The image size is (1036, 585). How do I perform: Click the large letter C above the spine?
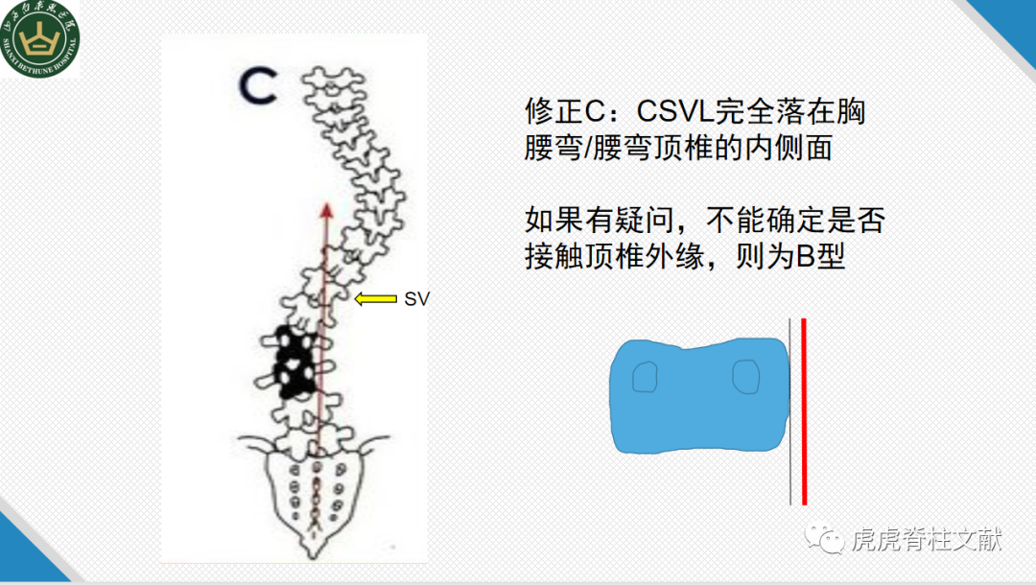pyautogui.click(x=257, y=86)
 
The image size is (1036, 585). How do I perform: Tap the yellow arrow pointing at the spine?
pyautogui.click(x=375, y=299)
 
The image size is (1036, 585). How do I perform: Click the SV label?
pyautogui.click(x=416, y=299)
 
